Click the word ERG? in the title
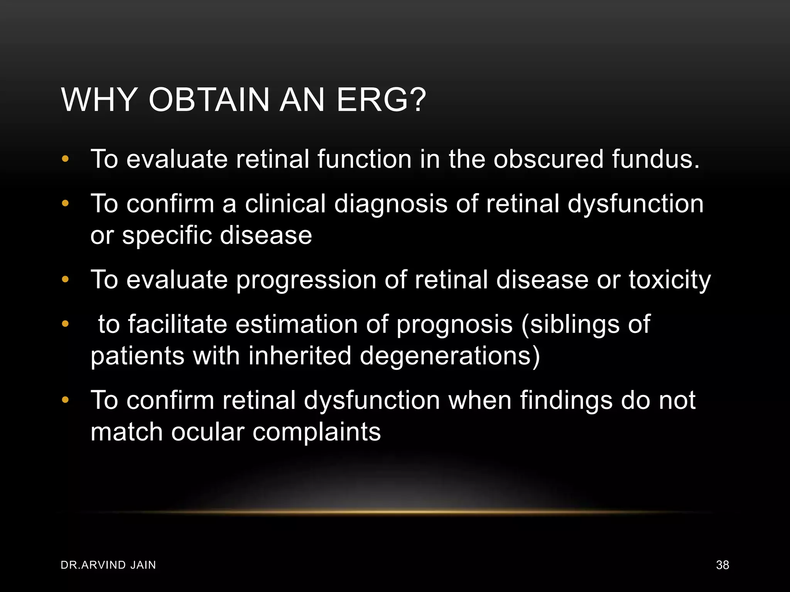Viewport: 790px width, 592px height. (x=381, y=100)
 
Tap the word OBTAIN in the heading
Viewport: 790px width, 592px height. (x=209, y=100)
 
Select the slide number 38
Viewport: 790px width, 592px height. (x=722, y=565)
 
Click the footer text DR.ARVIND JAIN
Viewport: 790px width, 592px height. (x=108, y=565)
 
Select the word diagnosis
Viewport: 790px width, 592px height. (x=391, y=204)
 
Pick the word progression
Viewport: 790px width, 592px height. (x=306, y=280)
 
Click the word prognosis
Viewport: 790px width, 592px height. (x=454, y=325)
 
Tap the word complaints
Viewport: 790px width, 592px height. (x=316, y=432)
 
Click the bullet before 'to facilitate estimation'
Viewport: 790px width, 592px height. (x=65, y=324)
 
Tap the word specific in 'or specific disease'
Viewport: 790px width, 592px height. (x=167, y=235)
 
